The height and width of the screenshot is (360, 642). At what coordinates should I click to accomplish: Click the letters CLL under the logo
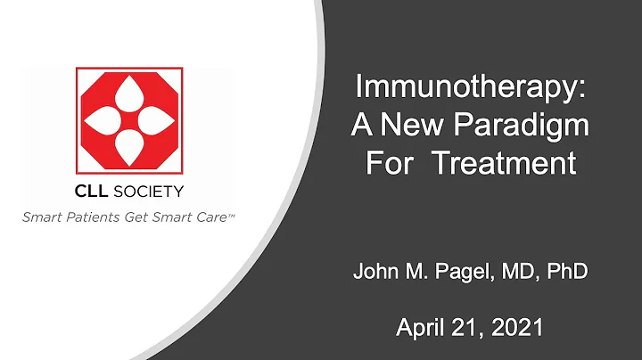pos(90,190)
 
